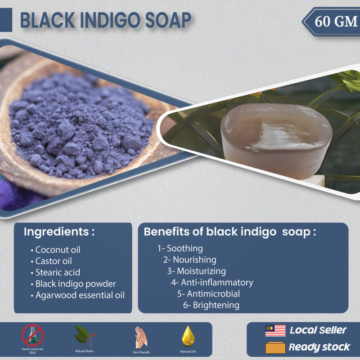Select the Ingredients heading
[59, 231]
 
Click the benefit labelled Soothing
[180, 248]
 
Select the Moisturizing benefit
[196, 271]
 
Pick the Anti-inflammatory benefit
[212, 283]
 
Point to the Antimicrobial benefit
[208, 294]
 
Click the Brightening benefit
[211, 305]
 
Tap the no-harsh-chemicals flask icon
[32, 335]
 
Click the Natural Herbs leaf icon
[84, 337]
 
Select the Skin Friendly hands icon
[141, 337]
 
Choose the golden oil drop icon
[188, 336]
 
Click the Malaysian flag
[275, 331]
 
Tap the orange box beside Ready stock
[275, 347]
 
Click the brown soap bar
[276, 140]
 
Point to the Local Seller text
[318, 330]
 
